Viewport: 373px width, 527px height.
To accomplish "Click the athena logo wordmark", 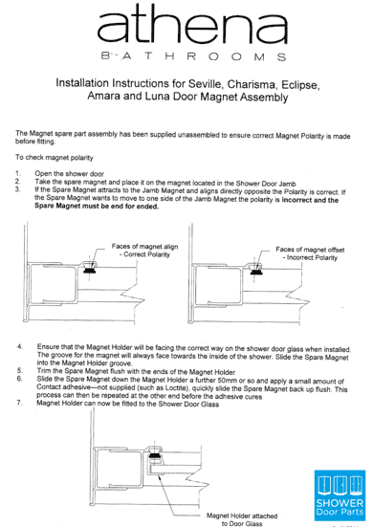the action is click(x=192, y=24).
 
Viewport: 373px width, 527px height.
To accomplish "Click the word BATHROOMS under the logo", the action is click(x=193, y=56).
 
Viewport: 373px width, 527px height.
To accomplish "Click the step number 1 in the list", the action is click(x=18, y=174).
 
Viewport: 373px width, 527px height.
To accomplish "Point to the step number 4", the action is click(x=20, y=346).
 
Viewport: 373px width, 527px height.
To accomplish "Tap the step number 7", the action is click(x=20, y=403).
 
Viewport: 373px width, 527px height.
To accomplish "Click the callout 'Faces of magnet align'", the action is click(x=144, y=247).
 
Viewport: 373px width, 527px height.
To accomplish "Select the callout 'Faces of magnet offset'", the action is click(x=310, y=250).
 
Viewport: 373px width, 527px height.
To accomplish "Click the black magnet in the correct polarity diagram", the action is click(x=89, y=271).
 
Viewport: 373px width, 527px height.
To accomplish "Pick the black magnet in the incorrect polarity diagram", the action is click(x=256, y=272).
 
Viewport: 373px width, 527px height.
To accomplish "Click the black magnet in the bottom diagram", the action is click(x=155, y=456).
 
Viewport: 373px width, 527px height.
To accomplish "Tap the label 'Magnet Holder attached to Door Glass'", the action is click(x=242, y=519).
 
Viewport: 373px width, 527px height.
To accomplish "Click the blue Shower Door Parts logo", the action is click(x=340, y=495).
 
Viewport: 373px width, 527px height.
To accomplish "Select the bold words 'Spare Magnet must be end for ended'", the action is click(x=97, y=207).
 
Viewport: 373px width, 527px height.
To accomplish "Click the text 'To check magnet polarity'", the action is click(x=55, y=158).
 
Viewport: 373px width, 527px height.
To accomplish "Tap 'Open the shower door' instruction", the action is click(x=69, y=174).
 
